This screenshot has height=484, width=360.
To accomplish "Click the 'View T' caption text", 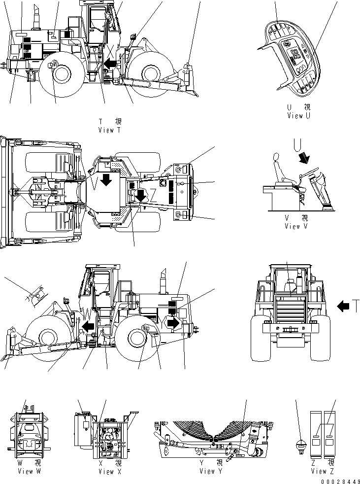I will [x=109, y=130].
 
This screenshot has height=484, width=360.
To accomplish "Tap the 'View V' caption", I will [x=299, y=226].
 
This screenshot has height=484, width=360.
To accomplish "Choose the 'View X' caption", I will [x=106, y=471].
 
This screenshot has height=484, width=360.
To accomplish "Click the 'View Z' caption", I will [x=323, y=471].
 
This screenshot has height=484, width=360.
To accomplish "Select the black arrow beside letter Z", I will [x=141, y=195].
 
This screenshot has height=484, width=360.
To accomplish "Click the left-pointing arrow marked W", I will [x=89, y=326].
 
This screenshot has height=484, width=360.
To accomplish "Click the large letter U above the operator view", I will [x=297, y=144].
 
